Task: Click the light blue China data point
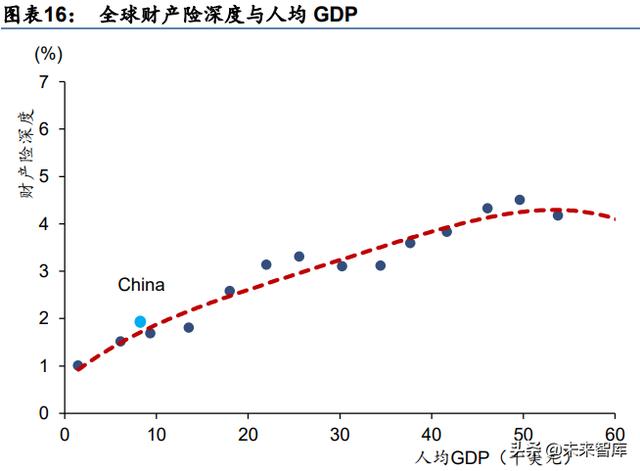pyautogui.click(x=140, y=322)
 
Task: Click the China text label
pyautogui.click(x=141, y=286)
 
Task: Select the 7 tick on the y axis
pyautogui.click(x=43, y=82)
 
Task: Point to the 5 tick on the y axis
pyautogui.click(x=43, y=177)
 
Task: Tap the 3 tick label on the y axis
pyautogui.click(x=43, y=271)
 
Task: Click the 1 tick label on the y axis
pyautogui.click(x=43, y=366)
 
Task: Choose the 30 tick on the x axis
pyautogui.click(x=340, y=433)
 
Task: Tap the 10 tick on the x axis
pyautogui.click(x=156, y=433)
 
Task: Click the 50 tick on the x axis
pyautogui.click(x=523, y=433)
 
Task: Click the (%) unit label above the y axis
pyautogui.click(x=48, y=52)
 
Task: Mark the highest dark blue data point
pyautogui.click(x=519, y=200)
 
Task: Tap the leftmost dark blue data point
pyautogui.click(x=78, y=366)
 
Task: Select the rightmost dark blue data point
pyautogui.click(x=558, y=215)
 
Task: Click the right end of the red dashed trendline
pyautogui.click(x=627, y=220)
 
